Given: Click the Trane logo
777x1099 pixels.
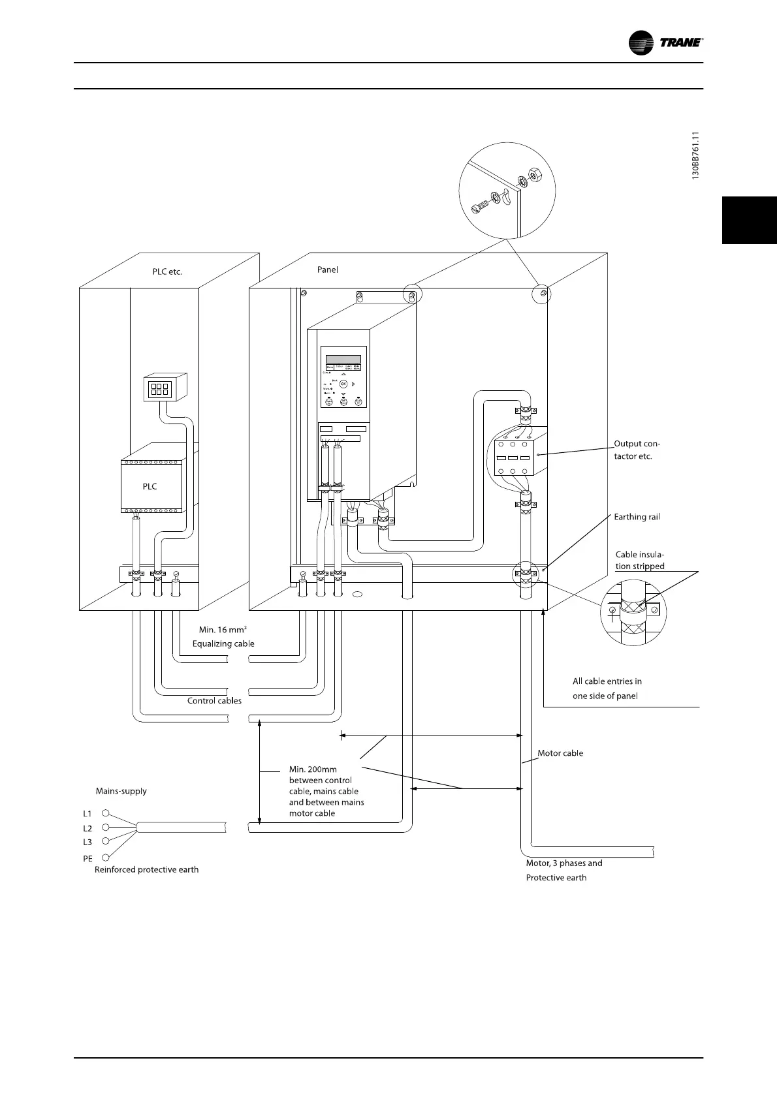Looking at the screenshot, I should click(x=665, y=42).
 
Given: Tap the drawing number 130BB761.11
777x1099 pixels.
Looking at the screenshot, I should click(x=696, y=156).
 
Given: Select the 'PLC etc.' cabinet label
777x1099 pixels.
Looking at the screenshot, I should click(x=167, y=271).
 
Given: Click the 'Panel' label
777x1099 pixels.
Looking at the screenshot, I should click(x=328, y=270).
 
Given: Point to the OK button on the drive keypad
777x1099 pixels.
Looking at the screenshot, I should click(x=343, y=384).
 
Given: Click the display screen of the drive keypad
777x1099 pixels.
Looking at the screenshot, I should click(x=343, y=359).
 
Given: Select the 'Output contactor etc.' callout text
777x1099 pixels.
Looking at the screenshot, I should click(x=637, y=450).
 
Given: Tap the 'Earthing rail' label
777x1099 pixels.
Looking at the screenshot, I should click(x=637, y=517).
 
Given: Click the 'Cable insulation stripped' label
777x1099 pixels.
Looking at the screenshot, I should click(x=640, y=561).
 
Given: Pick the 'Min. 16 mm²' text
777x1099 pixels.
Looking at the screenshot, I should click(x=223, y=630).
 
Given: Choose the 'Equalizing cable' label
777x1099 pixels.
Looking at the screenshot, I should click(x=223, y=643).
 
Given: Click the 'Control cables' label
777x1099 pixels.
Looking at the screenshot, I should click(x=214, y=701).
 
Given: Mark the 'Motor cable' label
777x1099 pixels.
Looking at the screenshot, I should click(x=560, y=753).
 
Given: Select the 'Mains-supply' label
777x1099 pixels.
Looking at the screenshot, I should click(x=121, y=791).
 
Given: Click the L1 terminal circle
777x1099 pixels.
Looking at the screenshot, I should click(x=106, y=814).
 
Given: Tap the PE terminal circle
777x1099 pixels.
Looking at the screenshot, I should click(x=106, y=858).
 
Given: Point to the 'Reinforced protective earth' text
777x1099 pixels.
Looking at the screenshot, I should click(x=147, y=869).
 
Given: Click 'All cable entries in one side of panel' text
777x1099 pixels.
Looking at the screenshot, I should click(x=607, y=689).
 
